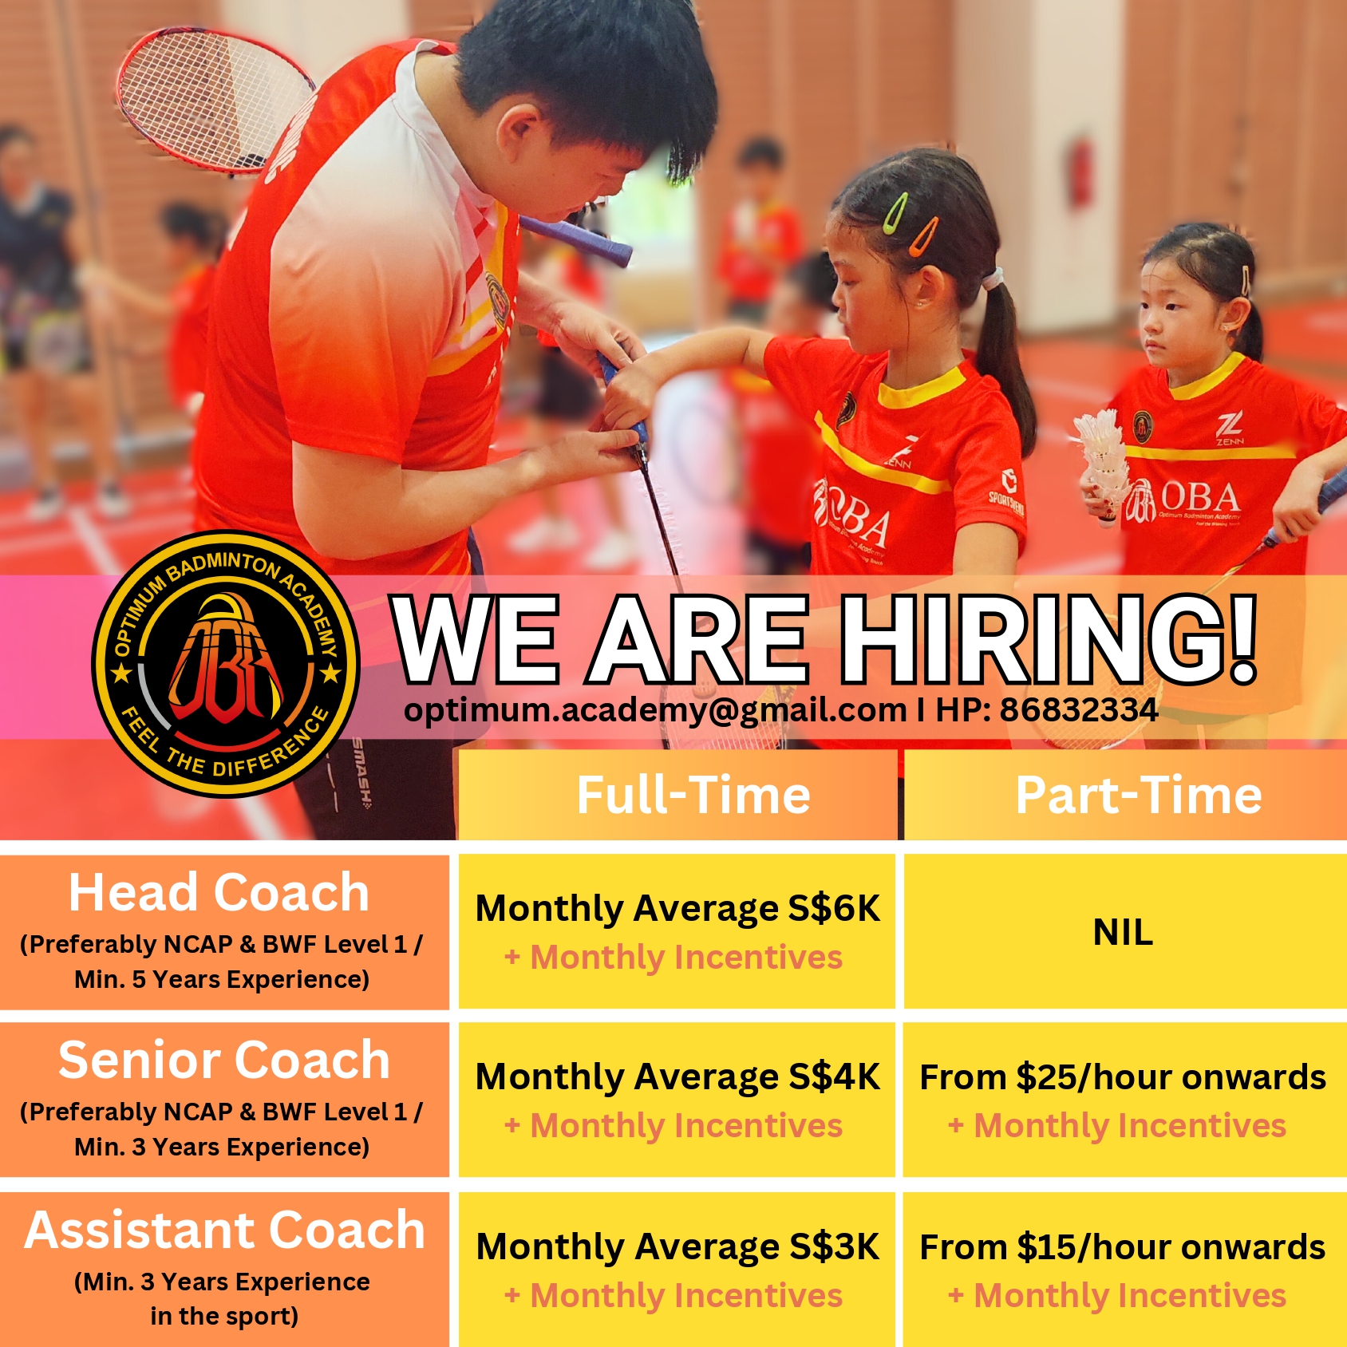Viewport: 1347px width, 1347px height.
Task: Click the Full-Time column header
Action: pyautogui.click(x=693, y=796)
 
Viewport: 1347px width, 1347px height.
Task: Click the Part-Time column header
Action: pyautogui.click(x=1139, y=796)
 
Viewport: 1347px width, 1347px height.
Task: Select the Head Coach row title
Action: pyautogui.click(x=219, y=892)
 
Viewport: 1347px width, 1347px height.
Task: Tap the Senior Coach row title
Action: pyautogui.click(x=224, y=1061)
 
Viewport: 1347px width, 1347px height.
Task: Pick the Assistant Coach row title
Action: pyautogui.click(x=224, y=1230)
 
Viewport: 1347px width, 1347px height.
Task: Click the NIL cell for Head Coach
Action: pyautogui.click(x=1123, y=932)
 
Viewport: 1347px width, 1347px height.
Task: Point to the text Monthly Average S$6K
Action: pyautogui.click(x=677, y=909)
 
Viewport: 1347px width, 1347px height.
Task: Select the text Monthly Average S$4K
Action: pyautogui.click(x=677, y=1077)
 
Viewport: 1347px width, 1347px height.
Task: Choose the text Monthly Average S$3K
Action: pyautogui.click(x=677, y=1247)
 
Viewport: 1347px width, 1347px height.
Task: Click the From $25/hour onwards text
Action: pyautogui.click(x=1123, y=1077)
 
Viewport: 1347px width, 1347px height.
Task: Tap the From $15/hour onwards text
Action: pyautogui.click(x=1123, y=1247)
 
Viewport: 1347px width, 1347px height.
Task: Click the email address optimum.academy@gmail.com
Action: pyautogui.click(x=655, y=710)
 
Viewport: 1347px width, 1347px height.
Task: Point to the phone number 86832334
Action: pyautogui.click(x=1079, y=709)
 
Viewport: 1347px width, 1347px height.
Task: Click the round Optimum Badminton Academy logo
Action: pyautogui.click(x=226, y=664)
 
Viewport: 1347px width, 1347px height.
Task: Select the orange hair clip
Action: pyautogui.click(x=925, y=237)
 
